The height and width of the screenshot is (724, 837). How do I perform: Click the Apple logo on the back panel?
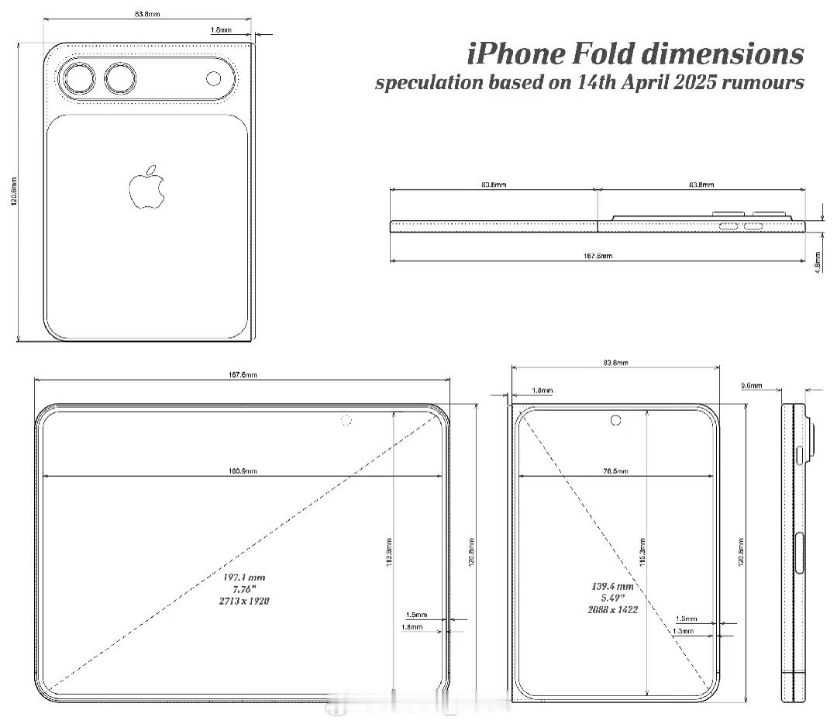(x=146, y=188)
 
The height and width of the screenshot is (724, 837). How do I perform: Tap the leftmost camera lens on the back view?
(x=78, y=79)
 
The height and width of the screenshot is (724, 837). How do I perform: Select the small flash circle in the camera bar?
(x=214, y=78)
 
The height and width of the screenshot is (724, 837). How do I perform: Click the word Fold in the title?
(x=604, y=54)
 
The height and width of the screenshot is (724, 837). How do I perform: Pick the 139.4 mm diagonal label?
(x=613, y=587)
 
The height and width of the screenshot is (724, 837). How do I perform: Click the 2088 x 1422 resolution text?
(x=613, y=610)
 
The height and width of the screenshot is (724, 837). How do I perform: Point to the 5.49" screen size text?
(x=613, y=598)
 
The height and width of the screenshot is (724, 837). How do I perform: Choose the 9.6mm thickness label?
(x=752, y=385)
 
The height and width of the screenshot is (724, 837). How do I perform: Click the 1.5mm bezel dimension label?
(x=415, y=615)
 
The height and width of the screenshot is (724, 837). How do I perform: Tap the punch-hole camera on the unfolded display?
(x=346, y=421)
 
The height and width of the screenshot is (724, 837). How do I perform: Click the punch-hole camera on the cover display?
(x=616, y=420)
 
